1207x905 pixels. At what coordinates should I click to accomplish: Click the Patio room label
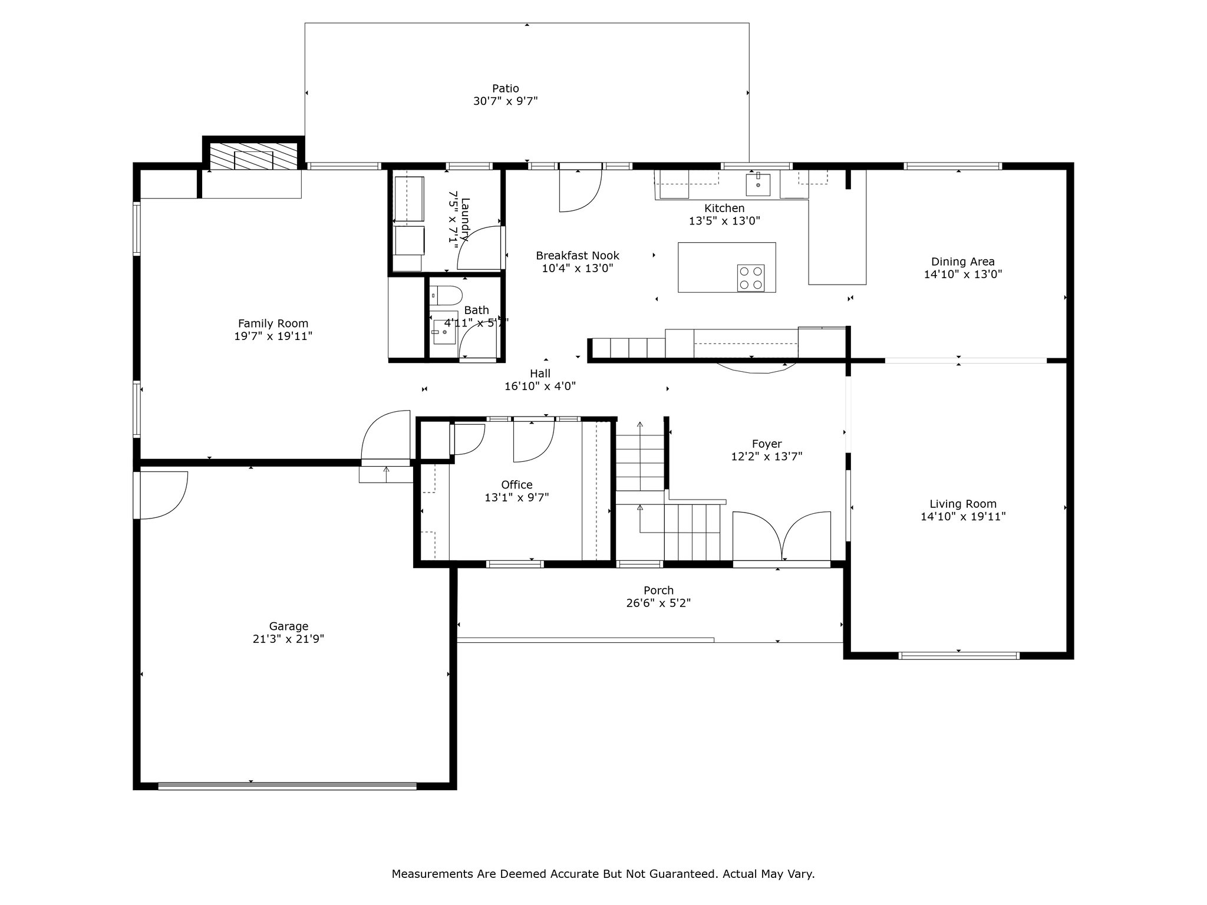tap(506, 89)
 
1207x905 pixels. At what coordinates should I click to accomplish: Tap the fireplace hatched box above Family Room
tap(254, 156)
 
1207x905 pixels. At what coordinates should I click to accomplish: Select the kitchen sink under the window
tap(757, 184)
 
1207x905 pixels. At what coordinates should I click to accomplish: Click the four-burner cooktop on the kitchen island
tap(751, 278)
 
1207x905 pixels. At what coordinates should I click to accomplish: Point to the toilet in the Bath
tap(446, 294)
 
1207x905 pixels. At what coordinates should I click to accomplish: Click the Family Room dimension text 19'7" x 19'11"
tap(273, 336)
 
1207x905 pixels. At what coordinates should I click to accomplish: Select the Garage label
tap(289, 626)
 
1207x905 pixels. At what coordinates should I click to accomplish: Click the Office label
tap(517, 484)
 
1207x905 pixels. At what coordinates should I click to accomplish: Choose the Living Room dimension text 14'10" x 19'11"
tap(963, 517)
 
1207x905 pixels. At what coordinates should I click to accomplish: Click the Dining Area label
tap(963, 262)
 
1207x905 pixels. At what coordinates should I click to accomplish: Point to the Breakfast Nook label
tap(578, 256)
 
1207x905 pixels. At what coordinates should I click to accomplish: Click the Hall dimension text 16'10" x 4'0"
tap(540, 387)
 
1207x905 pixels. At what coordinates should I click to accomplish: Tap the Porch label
tap(658, 590)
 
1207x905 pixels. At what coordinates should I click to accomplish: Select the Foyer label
tap(767, 444)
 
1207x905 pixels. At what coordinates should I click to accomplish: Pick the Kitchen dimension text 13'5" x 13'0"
tap(724, 221)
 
